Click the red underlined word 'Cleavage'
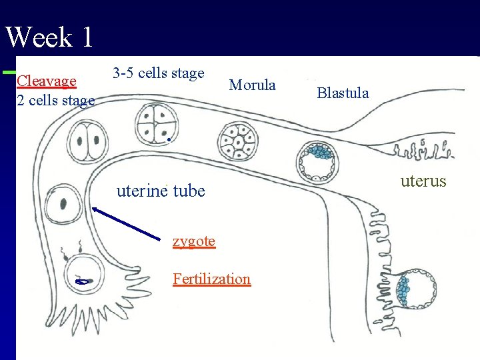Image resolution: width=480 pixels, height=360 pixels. (x=46, y=81)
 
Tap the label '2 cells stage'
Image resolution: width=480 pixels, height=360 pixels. (x=55, y=101)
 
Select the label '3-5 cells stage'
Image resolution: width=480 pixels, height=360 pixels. (x=158, y=73)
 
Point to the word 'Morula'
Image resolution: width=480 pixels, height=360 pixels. (x=252, y=85)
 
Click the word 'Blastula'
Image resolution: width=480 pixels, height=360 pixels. (x=343, y=93)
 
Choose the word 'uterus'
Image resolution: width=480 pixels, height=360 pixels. (x=423, y=181)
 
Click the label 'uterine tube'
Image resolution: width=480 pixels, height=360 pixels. (x=161, y=191)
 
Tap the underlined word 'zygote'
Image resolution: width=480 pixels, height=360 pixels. (x=193, y=241)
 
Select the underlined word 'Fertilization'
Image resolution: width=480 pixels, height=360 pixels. (x=211, y=279)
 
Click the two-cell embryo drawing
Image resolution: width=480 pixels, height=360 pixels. (x=88, y=141)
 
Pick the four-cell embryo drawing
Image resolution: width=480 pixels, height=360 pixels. (x=156, y=122)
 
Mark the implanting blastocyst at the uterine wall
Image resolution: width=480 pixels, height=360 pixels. (x=417, y=291)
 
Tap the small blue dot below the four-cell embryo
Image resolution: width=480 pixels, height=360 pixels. (x=171, y=140)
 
